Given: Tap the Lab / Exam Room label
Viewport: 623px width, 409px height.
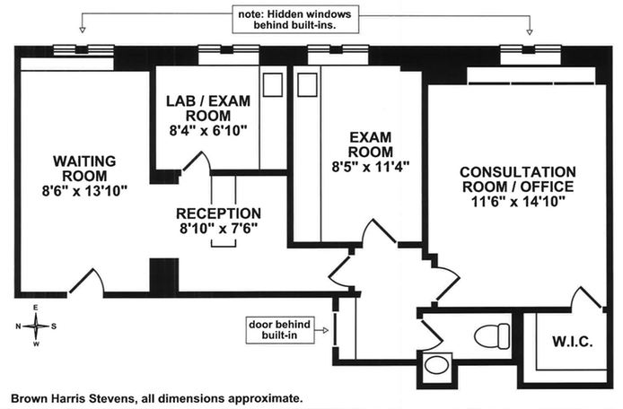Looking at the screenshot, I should point(205,109).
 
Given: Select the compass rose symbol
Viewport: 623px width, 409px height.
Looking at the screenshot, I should point(36,325).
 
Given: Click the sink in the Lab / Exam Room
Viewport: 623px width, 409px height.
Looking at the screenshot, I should point(270,85).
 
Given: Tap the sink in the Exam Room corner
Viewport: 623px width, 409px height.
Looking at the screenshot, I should point(307,85).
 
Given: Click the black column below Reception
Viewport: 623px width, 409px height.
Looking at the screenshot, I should point(161,274).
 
